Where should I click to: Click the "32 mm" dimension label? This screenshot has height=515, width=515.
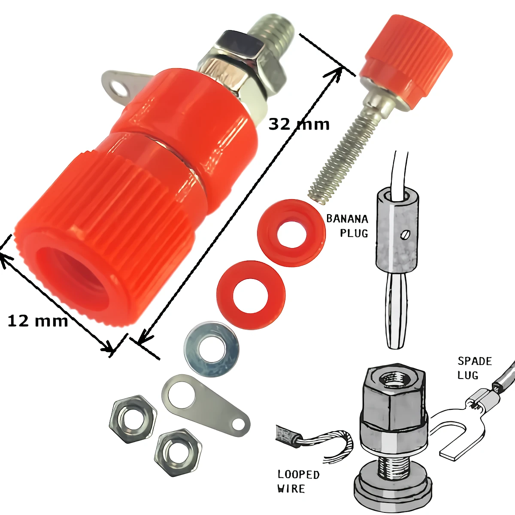[x=299, y=124]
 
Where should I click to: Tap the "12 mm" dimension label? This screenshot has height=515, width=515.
[x=37, y=321]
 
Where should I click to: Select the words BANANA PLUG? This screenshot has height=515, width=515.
[x=347, y=226]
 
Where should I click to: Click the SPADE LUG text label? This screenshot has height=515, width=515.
[x=475, y=368]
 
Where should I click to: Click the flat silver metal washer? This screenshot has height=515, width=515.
[x=212, y=349]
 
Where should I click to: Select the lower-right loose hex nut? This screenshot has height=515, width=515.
[x=178, y=453]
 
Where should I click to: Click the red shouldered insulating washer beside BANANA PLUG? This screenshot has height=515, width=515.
[x=291, y=233]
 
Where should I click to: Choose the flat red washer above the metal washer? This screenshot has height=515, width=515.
[x=251, y=295]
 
